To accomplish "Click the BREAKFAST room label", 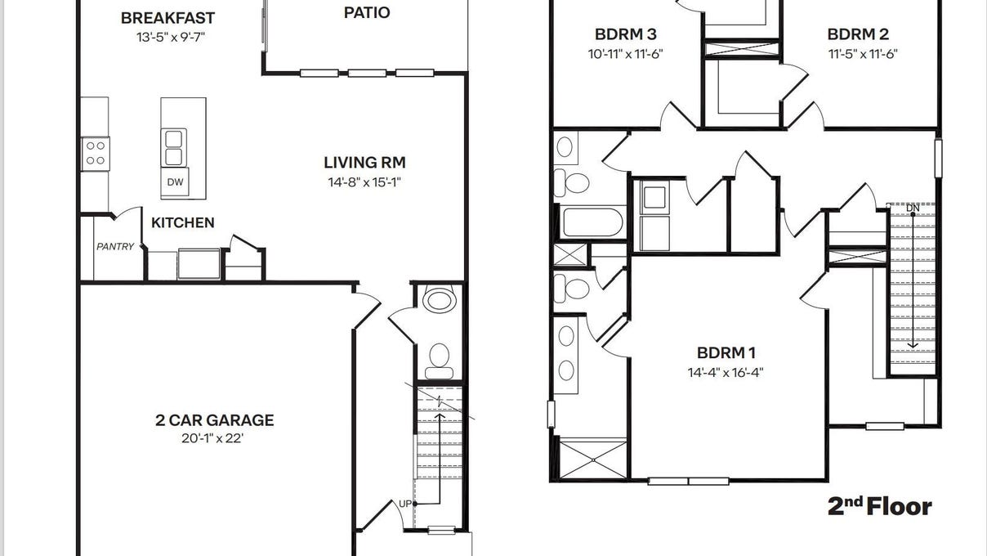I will tap(168, 18).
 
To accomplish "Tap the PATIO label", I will tap(366, 12).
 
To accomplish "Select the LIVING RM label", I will tap(364, 163).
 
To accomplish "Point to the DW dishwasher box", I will tap(175, 182).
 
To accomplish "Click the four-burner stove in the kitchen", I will tap(95, 153).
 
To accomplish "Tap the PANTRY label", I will tap(115, 246).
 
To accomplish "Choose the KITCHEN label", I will tap(183, 222).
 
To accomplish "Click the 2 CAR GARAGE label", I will tap(215, 420).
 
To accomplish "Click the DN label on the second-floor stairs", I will tap(913, 208).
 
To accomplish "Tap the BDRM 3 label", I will tap(625, 34).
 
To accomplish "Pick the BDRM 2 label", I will tap(858, 34).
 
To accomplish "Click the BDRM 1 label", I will tap(726, 353).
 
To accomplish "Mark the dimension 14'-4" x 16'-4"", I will tap(726, 372).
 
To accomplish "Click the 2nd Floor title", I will tap(880, 507).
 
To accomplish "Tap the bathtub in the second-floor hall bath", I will tap(592, 222).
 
